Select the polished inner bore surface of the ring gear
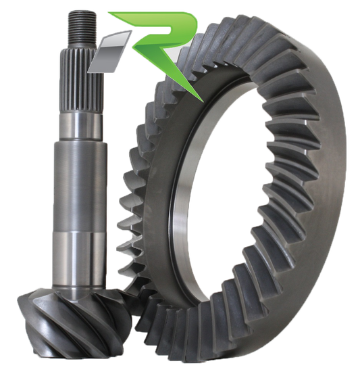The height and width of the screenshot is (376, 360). (x=182, y=203)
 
